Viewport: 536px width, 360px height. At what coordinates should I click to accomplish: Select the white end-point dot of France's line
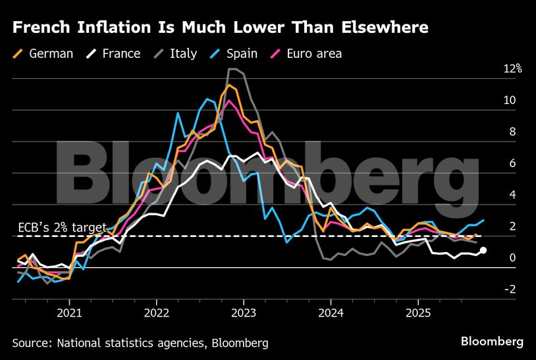(483, 250)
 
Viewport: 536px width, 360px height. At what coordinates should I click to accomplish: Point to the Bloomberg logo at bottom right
(492, 342)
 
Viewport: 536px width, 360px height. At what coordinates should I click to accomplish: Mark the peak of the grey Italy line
(232, 69)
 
